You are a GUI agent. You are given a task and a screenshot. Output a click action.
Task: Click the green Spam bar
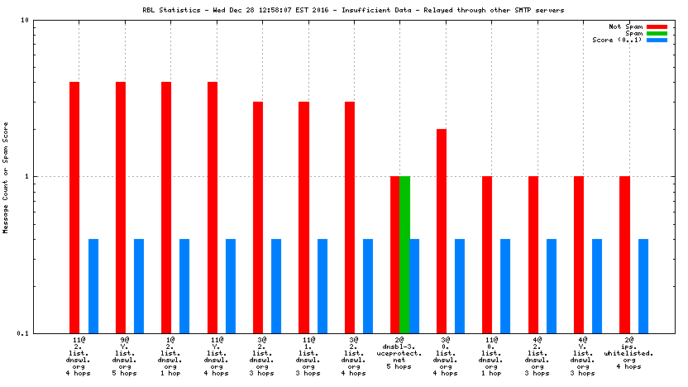[x=404, y=254]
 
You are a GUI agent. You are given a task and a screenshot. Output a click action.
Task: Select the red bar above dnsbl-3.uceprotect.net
[x=395, y=254]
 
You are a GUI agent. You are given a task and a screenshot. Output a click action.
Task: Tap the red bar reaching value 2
[x=442, y=231]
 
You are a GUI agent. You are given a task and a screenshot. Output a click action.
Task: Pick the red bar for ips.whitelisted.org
[x=624, y=254]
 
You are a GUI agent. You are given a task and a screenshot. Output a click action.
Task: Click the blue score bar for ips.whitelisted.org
[x=643, y=285]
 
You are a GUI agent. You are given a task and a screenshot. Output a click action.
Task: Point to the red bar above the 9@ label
[x=121, y=207]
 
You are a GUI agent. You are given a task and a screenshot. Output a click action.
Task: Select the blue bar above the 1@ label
[x=184, y=285]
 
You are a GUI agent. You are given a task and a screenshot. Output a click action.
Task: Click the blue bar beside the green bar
[x=414, y=285]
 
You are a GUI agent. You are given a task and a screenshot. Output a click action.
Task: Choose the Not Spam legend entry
[x=626, y=27]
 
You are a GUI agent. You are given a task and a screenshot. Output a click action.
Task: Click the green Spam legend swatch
[x=657, y=34]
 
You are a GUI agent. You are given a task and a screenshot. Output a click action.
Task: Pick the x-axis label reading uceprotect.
[x=400, y=353]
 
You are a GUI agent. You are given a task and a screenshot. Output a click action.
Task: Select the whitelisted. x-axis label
[x=628, y=353]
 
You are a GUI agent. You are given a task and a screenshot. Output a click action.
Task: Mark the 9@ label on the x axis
[x=125, y=340]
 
